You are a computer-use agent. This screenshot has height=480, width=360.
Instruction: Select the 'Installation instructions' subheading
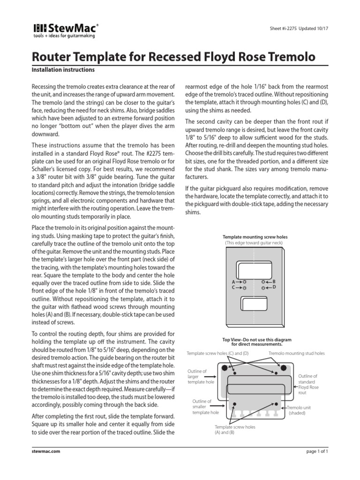coord(63,70)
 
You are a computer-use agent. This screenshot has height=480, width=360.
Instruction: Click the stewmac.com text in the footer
coord(45,451)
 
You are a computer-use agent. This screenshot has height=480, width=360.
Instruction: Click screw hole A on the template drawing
coord(245,282)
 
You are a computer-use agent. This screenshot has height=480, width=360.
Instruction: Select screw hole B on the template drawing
coord(264,282)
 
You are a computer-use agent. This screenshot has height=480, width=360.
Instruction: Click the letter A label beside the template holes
coord(233,282)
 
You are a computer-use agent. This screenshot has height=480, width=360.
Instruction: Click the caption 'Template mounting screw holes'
coord(255,237)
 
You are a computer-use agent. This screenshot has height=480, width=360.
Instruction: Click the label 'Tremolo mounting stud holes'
coord(296,353)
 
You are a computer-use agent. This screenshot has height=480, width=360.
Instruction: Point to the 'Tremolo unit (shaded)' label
coord(299,410)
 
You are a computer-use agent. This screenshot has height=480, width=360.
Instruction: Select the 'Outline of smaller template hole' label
coord(205,407)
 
